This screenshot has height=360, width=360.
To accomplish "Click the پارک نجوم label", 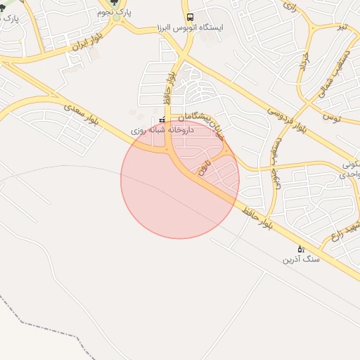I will click(116, 13).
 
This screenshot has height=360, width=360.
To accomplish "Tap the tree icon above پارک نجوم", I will click(115, 3).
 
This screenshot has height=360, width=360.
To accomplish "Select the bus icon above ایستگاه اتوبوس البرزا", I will click(189, 18).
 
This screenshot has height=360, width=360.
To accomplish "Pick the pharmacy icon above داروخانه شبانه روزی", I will click(162, 120).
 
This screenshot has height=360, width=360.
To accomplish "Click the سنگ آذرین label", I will click(301, 260).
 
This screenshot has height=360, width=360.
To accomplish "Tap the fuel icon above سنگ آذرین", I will click(301, 249).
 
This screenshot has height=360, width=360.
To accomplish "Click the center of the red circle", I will click(180, 179).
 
